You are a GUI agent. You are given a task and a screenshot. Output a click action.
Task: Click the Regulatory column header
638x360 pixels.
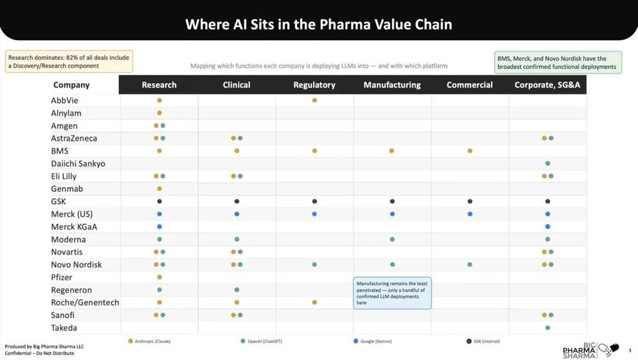(314, 85)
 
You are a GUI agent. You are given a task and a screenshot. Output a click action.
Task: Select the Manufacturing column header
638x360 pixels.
(392, 85)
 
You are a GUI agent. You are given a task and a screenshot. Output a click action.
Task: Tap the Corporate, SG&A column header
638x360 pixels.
(547, 85)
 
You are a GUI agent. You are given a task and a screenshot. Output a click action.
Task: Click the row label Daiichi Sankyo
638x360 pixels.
(78, 164)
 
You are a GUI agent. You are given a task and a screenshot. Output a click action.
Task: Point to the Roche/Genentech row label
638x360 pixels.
(85, 302)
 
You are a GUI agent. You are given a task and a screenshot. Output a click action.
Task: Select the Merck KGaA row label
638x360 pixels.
(74, 226)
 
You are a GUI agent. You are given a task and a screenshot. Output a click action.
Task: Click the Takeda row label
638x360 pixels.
(64, 327)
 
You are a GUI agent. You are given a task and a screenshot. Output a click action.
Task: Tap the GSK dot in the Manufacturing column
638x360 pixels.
(393, 201)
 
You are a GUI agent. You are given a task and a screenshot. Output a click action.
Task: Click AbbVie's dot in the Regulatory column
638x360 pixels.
(315, 100)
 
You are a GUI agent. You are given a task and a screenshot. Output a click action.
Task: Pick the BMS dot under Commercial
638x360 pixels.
(470, 151)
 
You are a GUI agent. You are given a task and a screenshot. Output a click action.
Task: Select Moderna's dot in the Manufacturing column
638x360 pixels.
(393, 239)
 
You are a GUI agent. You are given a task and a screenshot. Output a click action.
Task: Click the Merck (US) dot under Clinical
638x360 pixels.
(237, 214)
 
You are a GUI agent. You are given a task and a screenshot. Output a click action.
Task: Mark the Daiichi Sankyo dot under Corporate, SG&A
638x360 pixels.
(548, 164)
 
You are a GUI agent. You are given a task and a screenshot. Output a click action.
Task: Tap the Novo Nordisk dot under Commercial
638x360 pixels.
(470, 265)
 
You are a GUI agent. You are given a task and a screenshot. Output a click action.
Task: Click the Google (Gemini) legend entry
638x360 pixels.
(373, 341)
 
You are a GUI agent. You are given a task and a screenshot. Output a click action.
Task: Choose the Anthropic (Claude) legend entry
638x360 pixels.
(150, 341)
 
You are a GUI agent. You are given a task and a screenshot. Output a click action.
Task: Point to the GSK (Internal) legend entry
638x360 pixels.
(483, 341)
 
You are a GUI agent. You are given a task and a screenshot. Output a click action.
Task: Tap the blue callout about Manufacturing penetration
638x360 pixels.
(393, 293)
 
